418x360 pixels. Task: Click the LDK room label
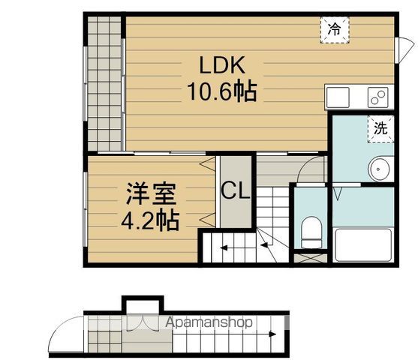click(222, 65)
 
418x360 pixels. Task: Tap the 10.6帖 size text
click(221, 92)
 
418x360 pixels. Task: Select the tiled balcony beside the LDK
click(104, 82)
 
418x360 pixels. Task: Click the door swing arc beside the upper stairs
click(309, 169)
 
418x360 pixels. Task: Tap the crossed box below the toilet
click(310, 257)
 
